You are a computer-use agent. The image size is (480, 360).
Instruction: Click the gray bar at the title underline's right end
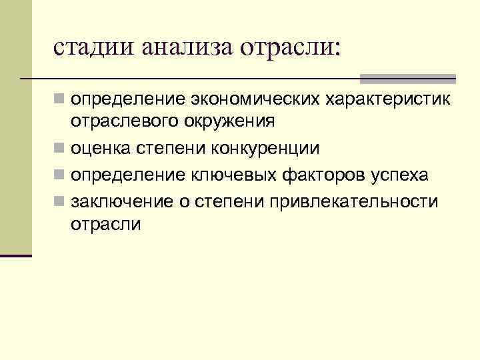(407, 79)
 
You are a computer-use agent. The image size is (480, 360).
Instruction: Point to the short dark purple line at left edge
(16, 255)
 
